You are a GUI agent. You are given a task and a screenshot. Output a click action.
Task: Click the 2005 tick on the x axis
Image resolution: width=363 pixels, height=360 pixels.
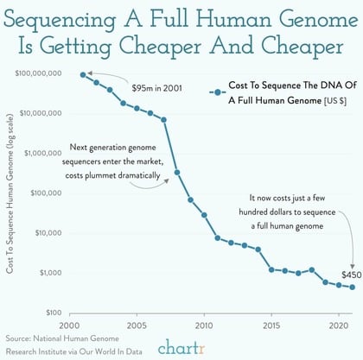pos(136,325)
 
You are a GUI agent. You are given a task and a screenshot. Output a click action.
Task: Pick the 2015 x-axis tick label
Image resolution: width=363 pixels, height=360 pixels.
pos(271,325)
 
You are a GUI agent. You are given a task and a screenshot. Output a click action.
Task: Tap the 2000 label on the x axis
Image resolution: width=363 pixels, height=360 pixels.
pos(69,325)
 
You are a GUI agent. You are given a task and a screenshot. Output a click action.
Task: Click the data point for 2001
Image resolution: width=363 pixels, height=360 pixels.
pos(83,75)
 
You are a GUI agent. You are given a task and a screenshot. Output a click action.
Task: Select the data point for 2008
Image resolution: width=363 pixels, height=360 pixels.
pos(177,172)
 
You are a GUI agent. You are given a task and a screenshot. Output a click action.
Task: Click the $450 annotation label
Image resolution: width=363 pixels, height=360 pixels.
pos(350,275)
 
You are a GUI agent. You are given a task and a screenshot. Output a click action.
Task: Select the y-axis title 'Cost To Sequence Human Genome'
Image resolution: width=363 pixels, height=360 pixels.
pos(10,199)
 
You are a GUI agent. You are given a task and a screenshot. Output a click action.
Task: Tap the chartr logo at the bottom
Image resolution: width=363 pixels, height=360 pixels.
pos(182,347)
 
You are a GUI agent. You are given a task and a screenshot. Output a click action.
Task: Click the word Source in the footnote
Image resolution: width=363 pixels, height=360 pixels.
pos(22,340)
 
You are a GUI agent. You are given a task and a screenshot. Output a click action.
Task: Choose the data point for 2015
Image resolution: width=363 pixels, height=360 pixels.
pos(271,269)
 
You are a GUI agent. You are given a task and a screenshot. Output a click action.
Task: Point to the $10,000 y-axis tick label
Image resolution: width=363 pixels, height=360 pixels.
pos(47,233)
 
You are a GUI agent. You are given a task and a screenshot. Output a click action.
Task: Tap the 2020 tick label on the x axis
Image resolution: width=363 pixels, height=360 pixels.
pos(339,325)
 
